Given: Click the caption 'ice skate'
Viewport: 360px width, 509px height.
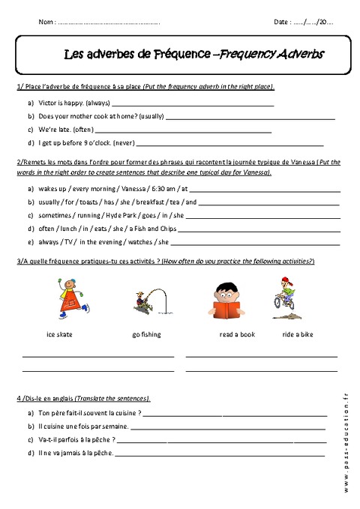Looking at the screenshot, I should pos(59,334).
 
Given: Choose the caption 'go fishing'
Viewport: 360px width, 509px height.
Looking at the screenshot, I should pos(145,334).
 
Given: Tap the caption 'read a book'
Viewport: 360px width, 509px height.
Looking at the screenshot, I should pos(236,334).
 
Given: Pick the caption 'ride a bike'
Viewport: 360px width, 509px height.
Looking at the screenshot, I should pos(298,334).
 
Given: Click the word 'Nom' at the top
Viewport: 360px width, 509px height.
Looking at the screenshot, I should pos(45,22).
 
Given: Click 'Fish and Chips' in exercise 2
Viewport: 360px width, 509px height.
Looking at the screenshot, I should pos(152,228).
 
